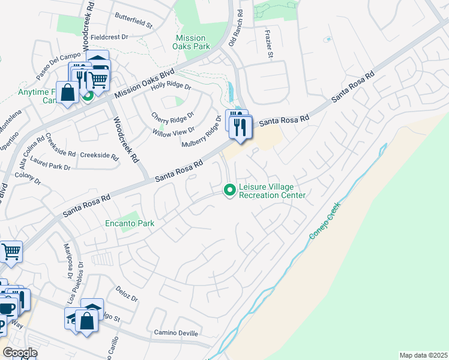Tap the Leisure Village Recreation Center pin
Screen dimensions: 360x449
coord(229,190)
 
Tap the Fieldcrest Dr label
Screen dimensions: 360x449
coord(109,37)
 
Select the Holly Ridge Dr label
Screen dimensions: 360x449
coord(170,86)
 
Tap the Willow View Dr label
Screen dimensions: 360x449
coord(173,130)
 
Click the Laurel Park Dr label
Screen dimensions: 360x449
coord(50,166)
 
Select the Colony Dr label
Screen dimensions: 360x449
coord(27,178)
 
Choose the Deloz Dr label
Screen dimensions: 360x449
coord(127,294)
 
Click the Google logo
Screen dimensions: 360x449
coord(19,353)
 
